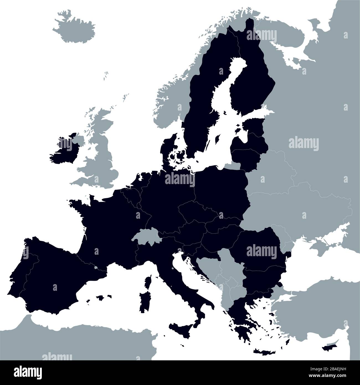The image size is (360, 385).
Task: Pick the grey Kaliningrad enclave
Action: [x=233, y=166]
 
